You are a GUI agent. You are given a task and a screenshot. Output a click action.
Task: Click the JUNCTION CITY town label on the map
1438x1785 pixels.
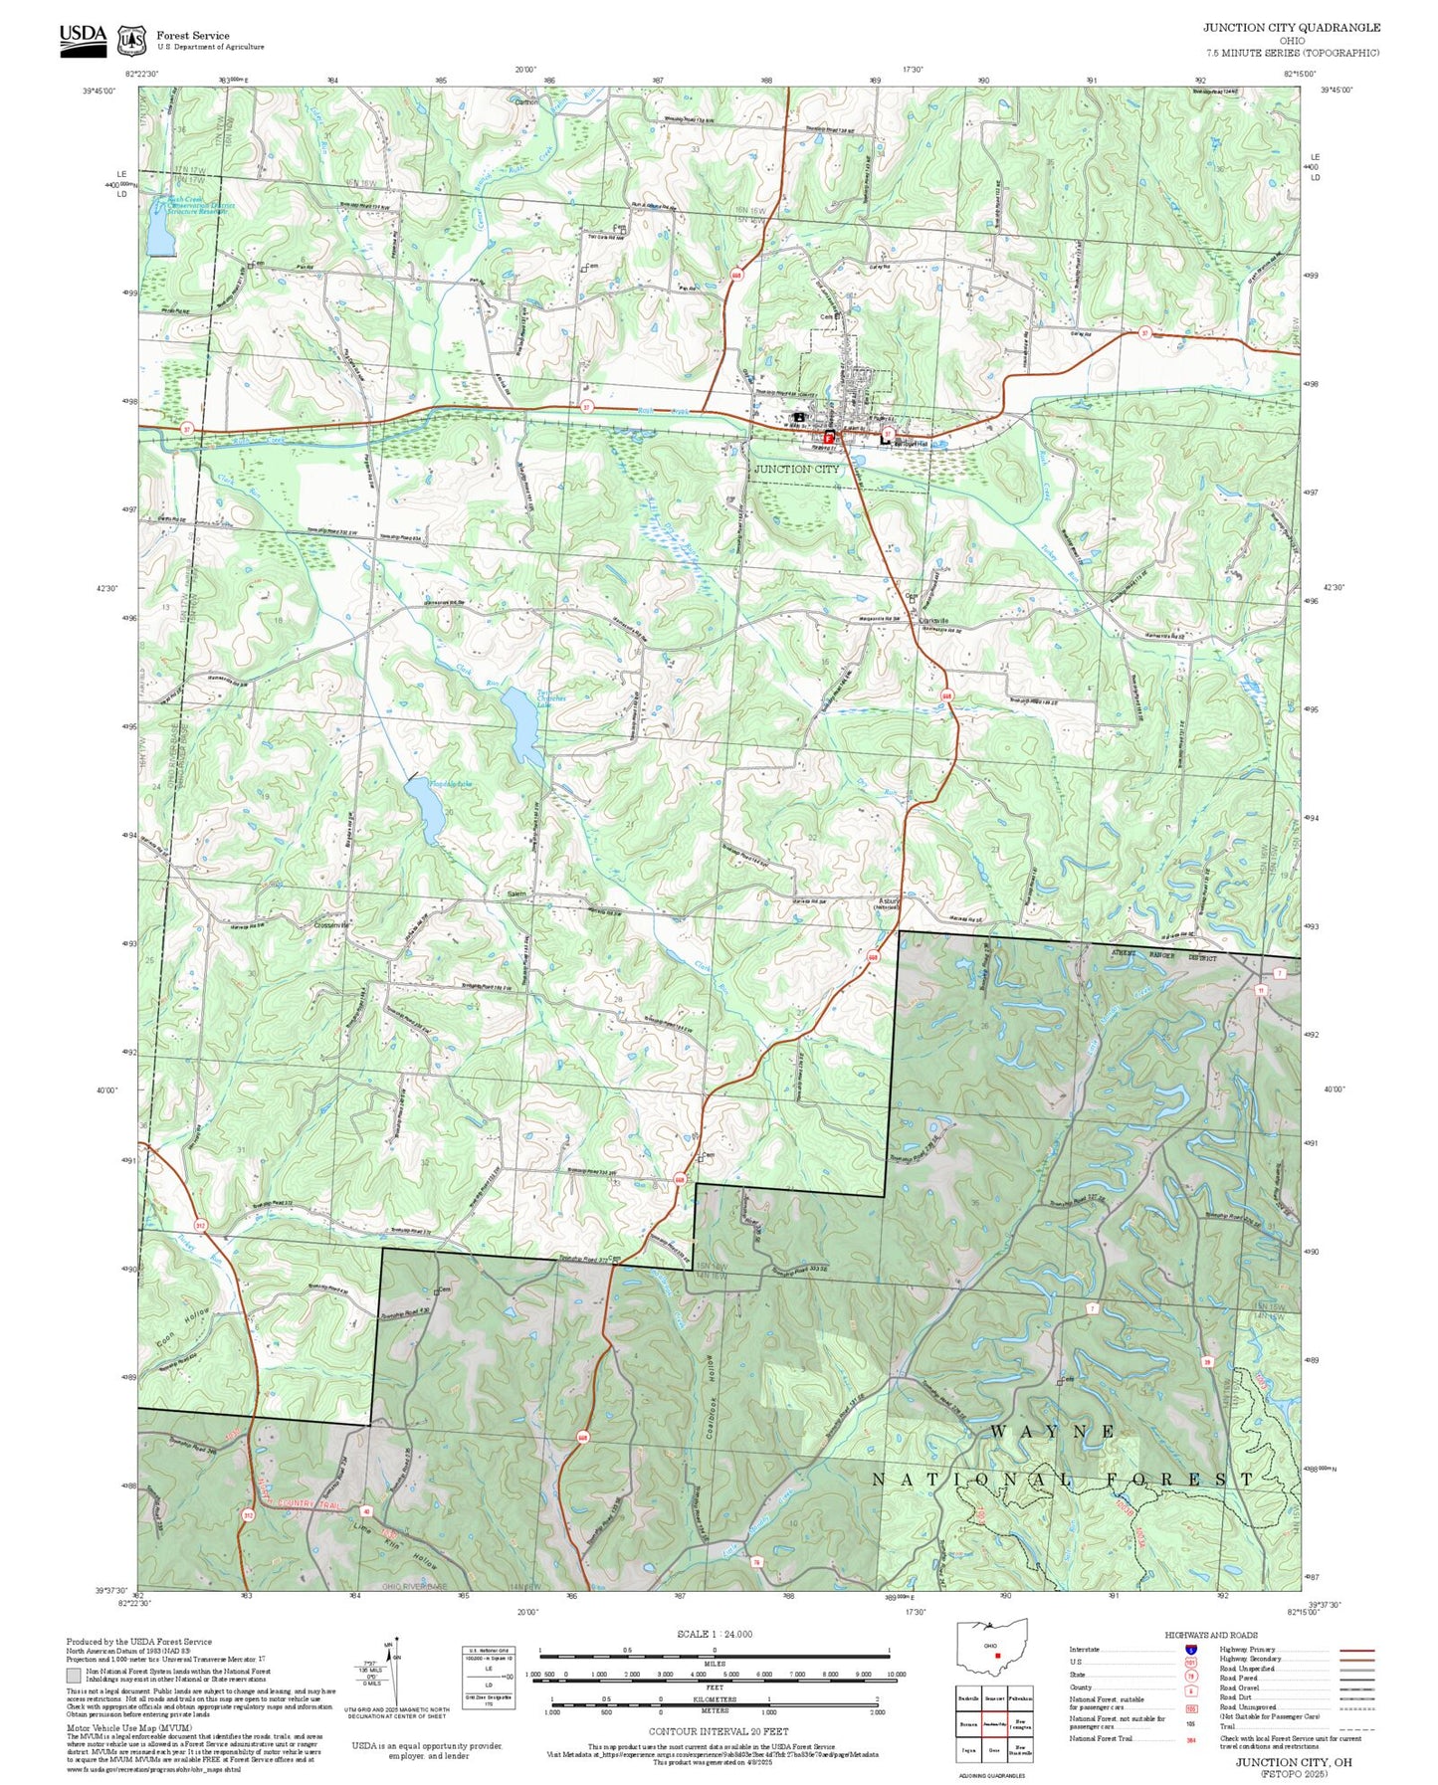(796, 469)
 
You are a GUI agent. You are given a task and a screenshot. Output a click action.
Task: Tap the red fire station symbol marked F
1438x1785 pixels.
(828, 437)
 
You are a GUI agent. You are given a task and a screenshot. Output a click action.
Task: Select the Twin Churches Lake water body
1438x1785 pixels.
(521, 725)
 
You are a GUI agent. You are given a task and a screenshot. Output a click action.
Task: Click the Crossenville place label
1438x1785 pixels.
(331, 924)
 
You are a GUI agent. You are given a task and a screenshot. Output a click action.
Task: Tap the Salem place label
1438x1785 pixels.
(516, 894)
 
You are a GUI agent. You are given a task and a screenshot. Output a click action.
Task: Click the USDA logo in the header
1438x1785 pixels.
(83, 38)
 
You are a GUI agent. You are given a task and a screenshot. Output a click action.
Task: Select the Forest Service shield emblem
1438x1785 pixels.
(130, 41)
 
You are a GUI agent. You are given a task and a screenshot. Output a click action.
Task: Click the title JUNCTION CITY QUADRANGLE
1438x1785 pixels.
(1291, 27)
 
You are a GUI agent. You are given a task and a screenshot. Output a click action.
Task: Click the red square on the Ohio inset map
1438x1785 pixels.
(997, 1656)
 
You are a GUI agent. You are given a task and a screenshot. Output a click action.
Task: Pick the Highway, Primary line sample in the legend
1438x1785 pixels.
(1356, 1650)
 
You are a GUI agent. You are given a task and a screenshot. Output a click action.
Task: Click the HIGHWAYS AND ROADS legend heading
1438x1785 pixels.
(1210, 1635)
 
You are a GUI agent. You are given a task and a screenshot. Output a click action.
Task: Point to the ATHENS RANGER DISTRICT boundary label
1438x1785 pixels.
(1163, 956)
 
